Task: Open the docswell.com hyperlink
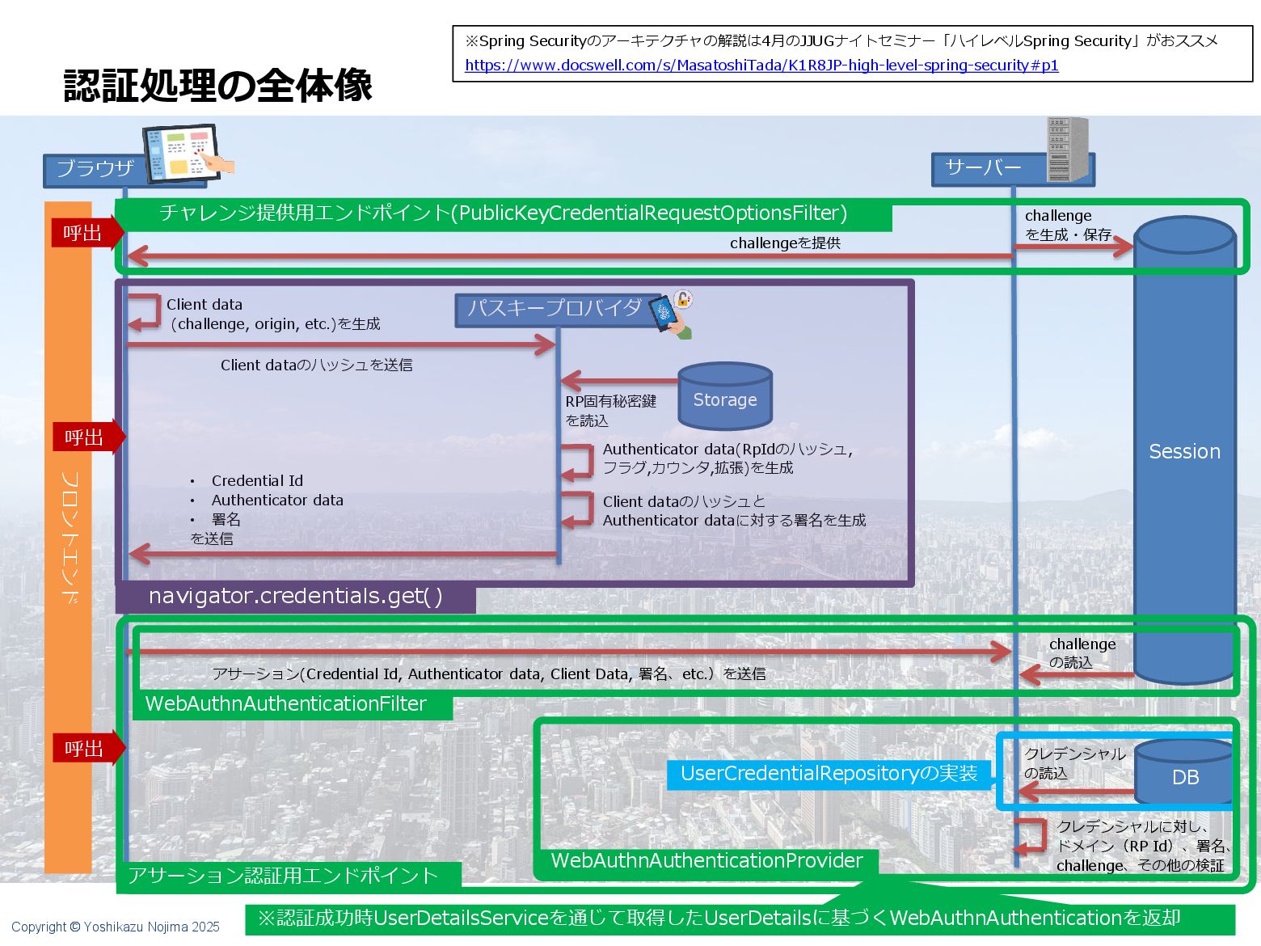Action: pos(761,65)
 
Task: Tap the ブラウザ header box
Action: pos(95,169)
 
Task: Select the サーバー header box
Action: pos(984,168)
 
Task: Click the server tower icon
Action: pos(1067,149)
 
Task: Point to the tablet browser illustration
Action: pos(184,152)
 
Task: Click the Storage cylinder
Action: pos(725,397)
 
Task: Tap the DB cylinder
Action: pos(1184,775)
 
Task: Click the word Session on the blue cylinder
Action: pos(1184,451)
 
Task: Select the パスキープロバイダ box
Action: pos(555,309)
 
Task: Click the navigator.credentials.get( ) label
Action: pos(295,597)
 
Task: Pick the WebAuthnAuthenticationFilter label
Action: pos(286,704)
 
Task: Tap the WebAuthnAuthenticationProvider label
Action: pos(706,861)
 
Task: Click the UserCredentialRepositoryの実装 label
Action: pos(829,774)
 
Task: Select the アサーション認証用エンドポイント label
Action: pos(283,876)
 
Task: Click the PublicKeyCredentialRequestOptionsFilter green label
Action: pos(503,213)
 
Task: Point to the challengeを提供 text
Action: pos(785,243)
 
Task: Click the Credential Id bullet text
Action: pos(257,481)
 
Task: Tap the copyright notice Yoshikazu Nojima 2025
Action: pos(116,927)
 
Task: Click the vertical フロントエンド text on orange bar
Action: pos(70,537)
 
